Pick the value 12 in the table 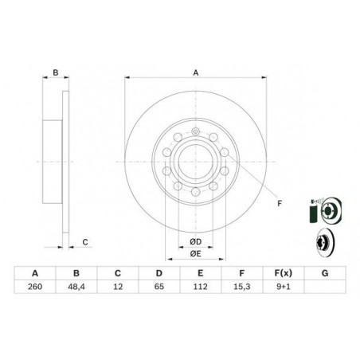click(119, 288)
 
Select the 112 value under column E click(200, 288)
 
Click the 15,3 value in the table click(241, 288)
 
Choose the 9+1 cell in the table click(281, 288)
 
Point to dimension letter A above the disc click(194, 73)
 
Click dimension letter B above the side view click(56, 73)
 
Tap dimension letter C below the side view click(85, 241)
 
